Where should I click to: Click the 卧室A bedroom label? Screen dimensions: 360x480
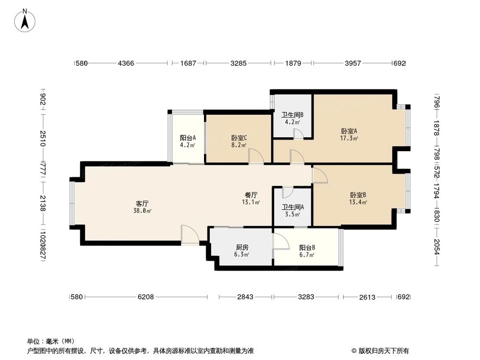349,131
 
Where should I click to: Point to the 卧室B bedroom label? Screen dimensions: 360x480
358,195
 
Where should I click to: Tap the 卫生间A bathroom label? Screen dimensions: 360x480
292,207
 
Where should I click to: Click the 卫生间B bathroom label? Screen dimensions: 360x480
292,115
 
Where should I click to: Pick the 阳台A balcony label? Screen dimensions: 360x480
187,137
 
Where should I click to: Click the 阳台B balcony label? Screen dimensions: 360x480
307,248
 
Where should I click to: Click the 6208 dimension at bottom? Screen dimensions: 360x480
145,297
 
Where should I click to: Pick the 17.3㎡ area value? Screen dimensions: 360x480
349,138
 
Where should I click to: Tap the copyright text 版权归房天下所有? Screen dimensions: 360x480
383,351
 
